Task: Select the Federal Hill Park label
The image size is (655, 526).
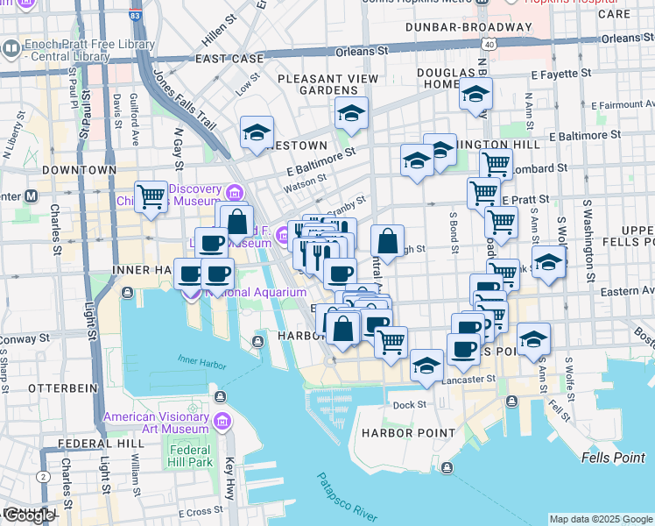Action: click(190, 456)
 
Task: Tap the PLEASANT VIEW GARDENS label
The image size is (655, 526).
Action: click(327, 84)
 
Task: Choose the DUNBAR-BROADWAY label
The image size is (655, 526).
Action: click(468, 27)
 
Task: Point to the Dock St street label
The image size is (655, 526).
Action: click(409, 404)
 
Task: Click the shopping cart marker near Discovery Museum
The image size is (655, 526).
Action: click(151, 196)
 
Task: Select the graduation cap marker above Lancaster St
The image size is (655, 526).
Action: click(426, 365)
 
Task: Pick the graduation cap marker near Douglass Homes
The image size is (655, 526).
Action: click(475, 95)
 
